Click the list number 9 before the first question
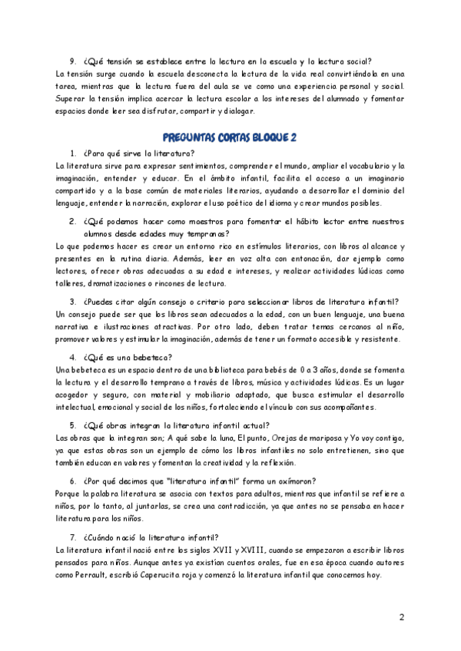click(73, 61)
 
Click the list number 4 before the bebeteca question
click(73, 357)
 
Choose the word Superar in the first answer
click(73, 98)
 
